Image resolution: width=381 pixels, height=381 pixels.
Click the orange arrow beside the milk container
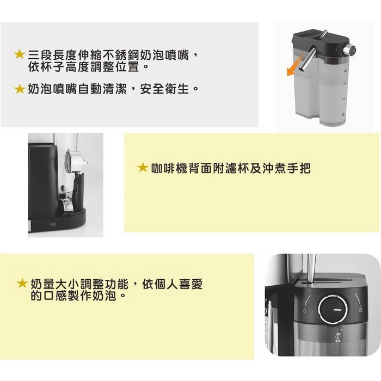tap(295, 65)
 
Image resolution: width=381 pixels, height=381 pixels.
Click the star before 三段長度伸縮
tap(20, 54)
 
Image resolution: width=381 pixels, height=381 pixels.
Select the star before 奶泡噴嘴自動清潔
tap(20, 89)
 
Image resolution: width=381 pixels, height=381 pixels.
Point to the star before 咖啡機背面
tap(143, 168)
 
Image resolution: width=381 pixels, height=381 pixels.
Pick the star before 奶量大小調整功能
tap(22, 283)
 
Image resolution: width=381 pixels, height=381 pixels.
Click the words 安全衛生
tap(164, 89)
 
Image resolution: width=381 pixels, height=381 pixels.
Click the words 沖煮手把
tap(286, 168)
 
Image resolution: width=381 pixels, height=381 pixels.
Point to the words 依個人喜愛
tap(173, 284)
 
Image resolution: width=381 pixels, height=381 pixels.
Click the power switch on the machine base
tap(53, 223)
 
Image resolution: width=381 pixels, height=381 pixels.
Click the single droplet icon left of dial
tap(304, 311)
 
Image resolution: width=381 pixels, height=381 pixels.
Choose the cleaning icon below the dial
tap(338, 337)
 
